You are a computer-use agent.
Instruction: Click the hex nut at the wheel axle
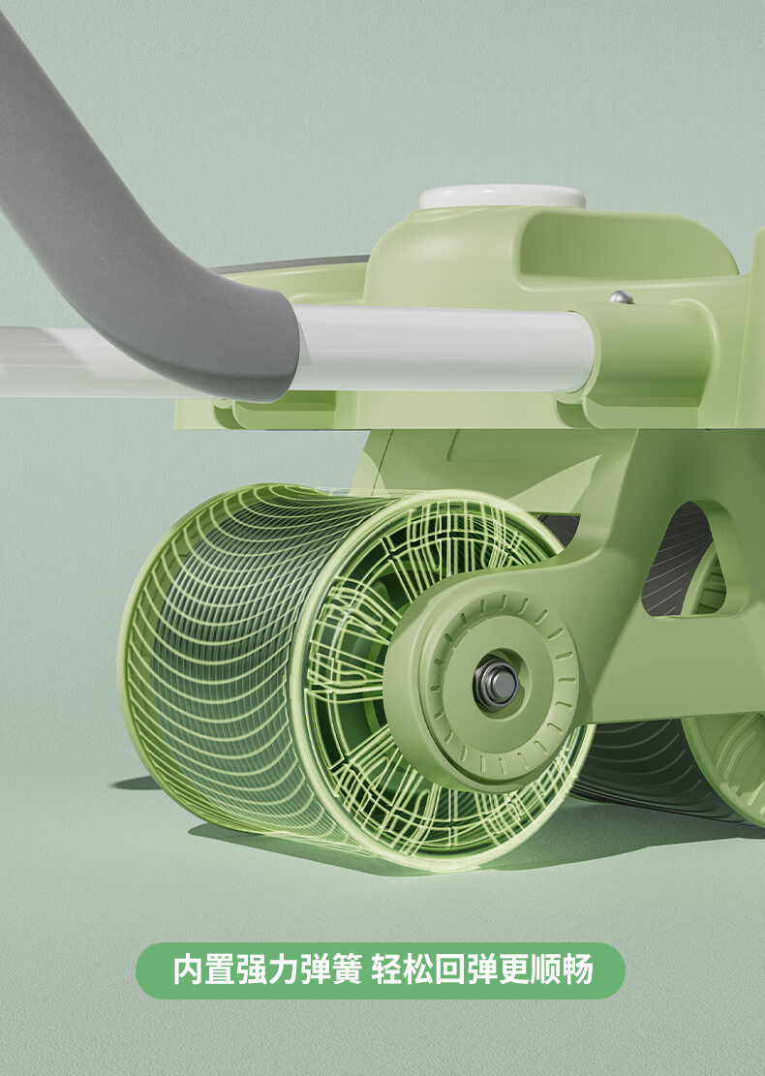point(496,684)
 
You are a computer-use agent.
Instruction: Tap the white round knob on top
point(503,197)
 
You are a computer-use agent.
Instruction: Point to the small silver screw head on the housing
point(621,296)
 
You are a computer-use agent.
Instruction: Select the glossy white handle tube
point(443,348)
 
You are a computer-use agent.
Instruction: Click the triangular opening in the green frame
point(683,559)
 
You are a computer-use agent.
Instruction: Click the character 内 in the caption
point(188,969)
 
